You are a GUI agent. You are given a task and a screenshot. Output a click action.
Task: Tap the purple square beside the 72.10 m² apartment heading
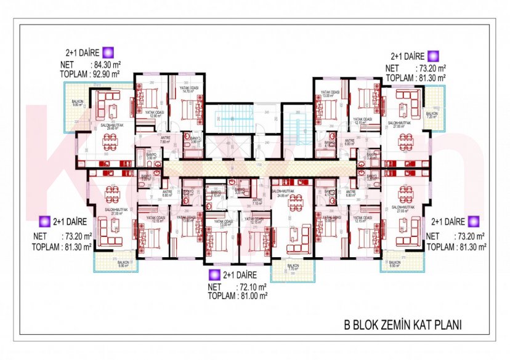tap(215, 274)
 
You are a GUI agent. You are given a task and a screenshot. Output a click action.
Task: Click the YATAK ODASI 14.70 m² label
tap(188, 89)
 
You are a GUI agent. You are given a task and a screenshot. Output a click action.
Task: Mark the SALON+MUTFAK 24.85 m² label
tap(283, 195)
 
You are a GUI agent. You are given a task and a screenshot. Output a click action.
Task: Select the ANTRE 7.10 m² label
tap(257, 202)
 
